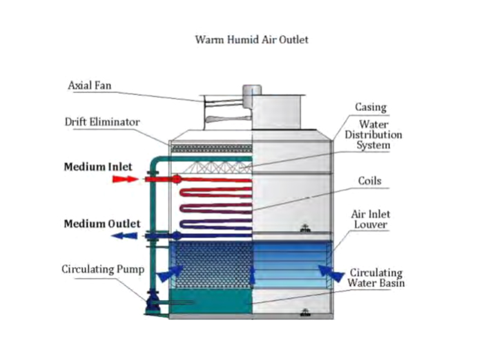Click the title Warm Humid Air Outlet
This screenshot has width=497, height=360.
point(252,39)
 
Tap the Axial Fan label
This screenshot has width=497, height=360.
point(90,86)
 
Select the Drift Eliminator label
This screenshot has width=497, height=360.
point(102,122)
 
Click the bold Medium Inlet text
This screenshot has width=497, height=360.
point(98,166)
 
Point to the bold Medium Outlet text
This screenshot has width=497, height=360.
point(102,223)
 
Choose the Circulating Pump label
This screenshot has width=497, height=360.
point(103,269)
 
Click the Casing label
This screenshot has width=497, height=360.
point(371,108)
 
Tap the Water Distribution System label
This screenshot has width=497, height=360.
point(373,134)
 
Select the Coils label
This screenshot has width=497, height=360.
point(369,181)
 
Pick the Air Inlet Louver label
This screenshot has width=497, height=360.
point(371,219)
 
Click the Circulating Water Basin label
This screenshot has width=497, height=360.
point(376,278)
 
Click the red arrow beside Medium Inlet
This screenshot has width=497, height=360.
point(126,179)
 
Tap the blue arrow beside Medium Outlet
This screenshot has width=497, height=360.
point(124,236)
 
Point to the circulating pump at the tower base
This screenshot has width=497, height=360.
point(150,303)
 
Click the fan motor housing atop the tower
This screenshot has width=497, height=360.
point(252,90)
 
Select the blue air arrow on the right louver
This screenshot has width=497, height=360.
point(331,273)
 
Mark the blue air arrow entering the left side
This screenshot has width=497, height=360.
point(170,274)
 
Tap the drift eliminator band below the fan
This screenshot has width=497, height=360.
point(211,148)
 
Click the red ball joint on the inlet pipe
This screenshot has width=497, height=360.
point(176,179)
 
